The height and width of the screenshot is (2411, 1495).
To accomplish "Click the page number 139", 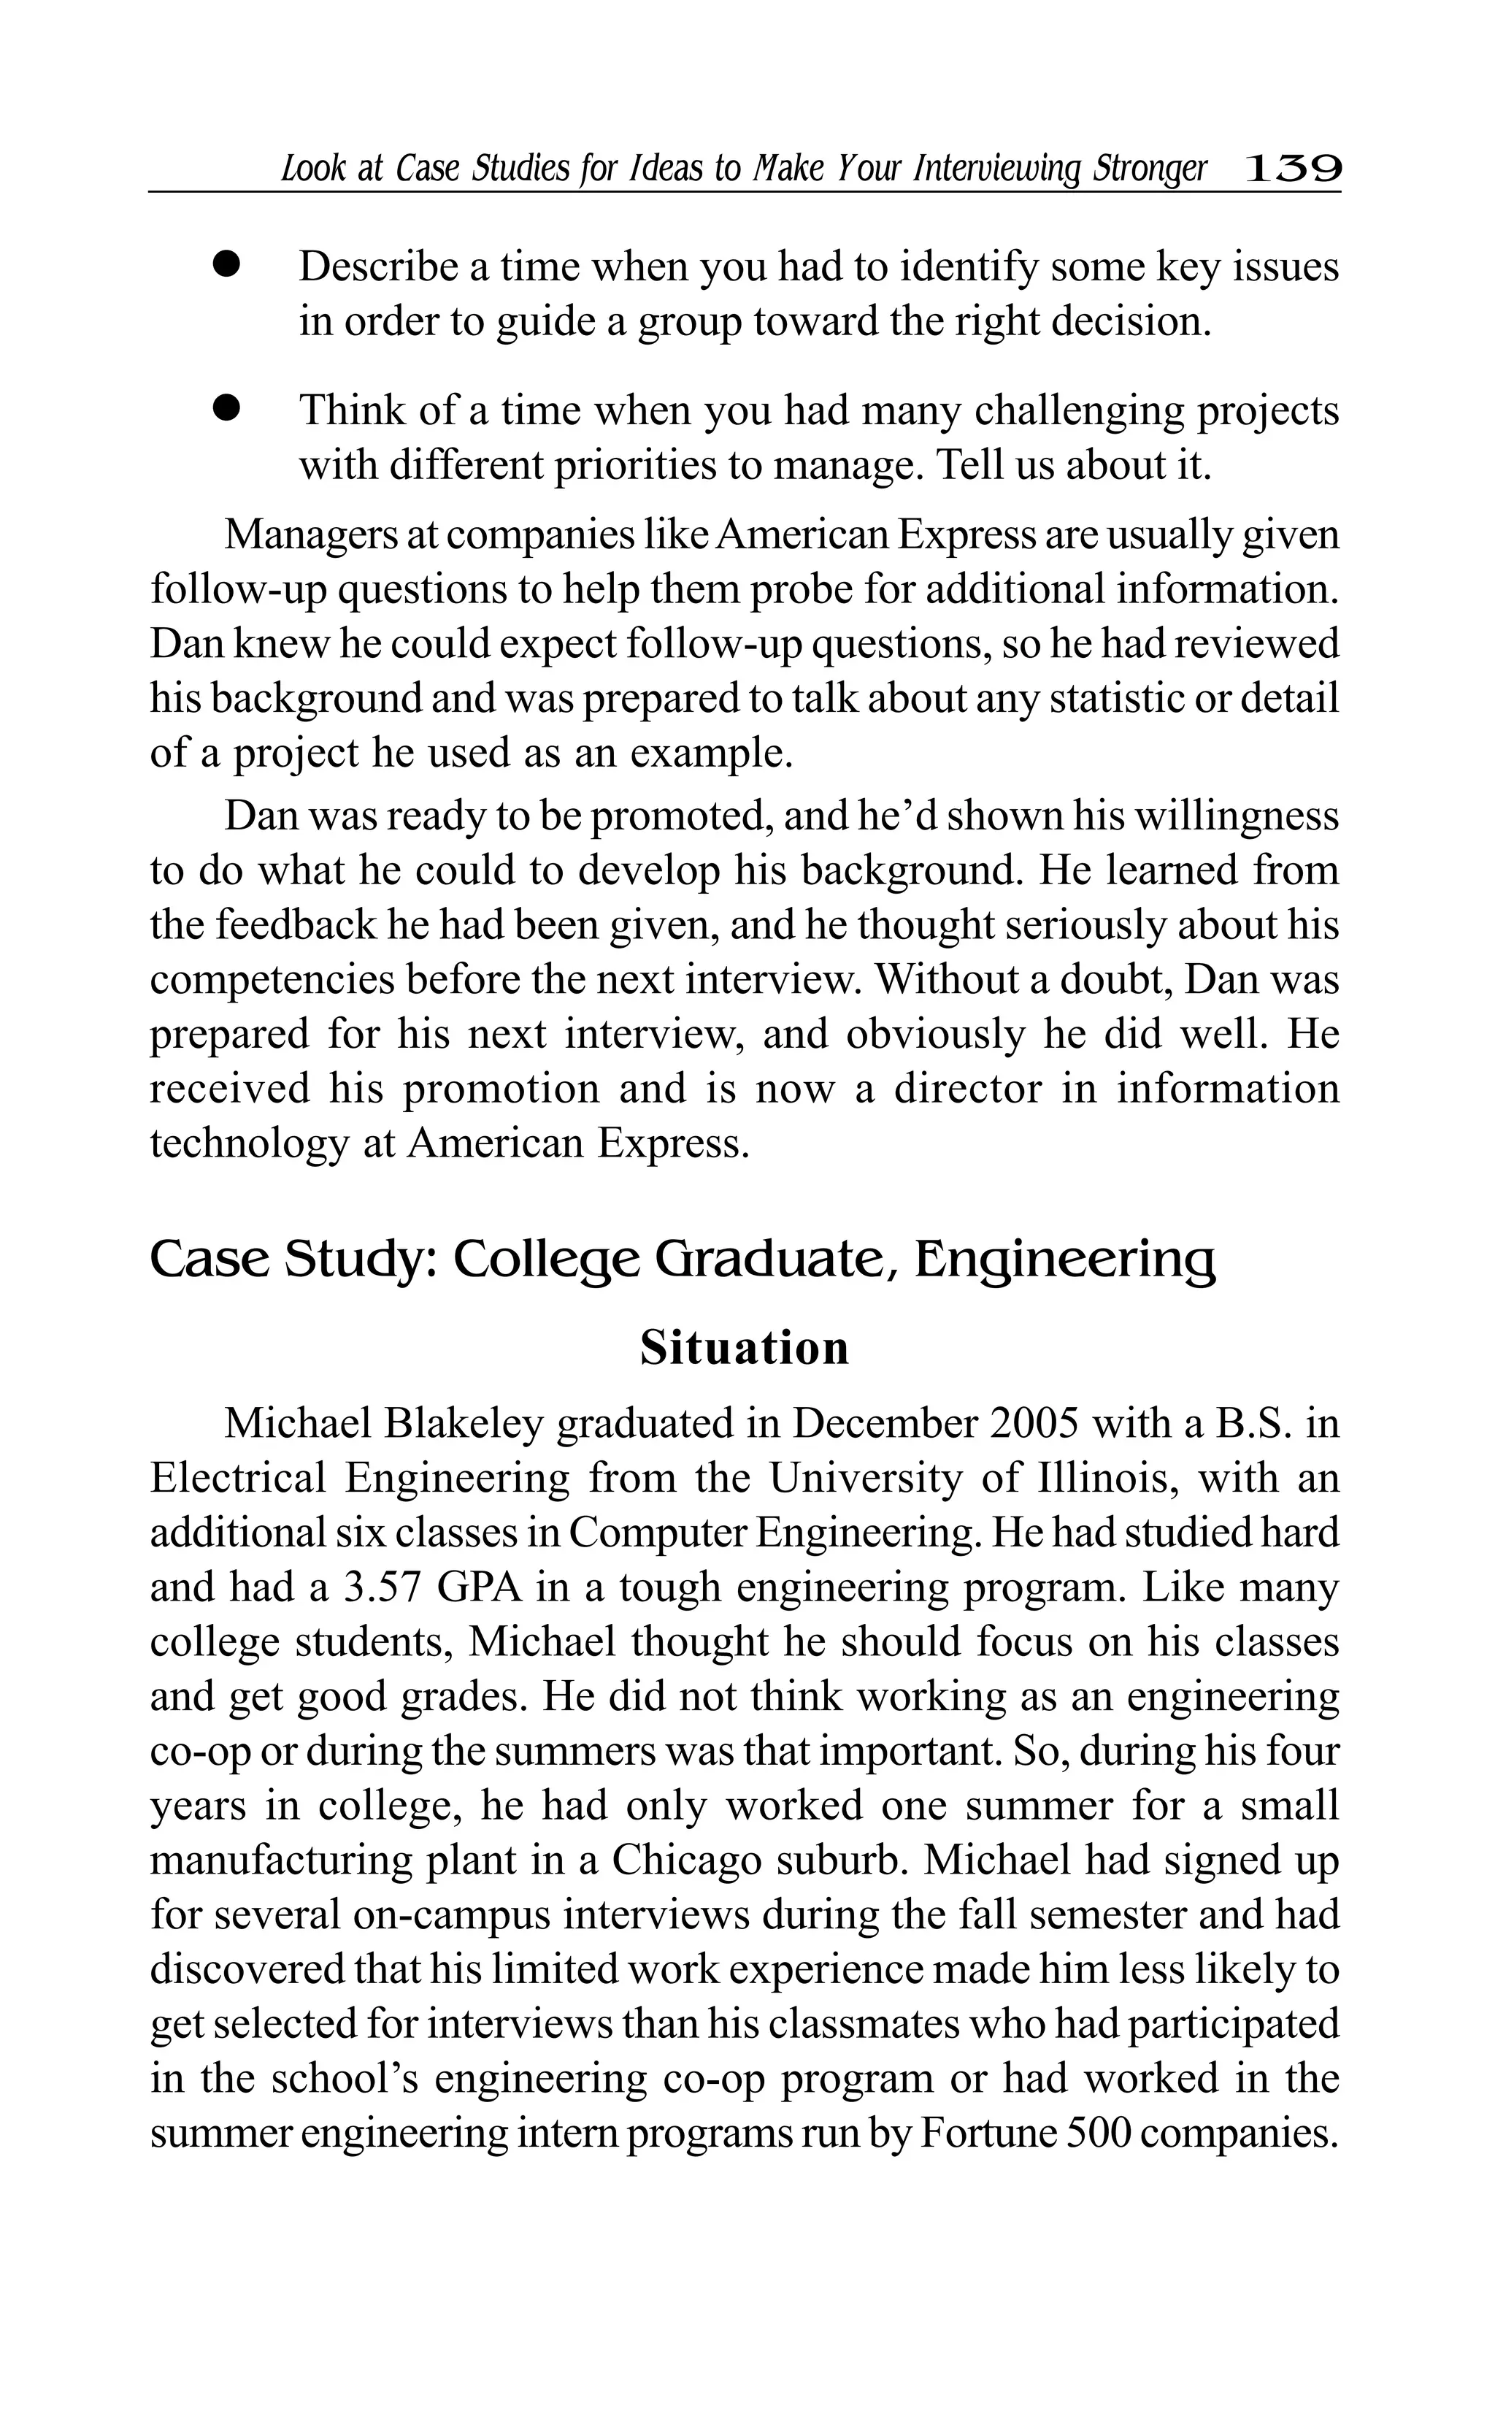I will (x=1292, y=169).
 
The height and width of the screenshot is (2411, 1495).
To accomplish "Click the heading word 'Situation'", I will (x=745, y=1349).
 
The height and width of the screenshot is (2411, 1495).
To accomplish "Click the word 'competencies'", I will (x=271, y=980).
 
